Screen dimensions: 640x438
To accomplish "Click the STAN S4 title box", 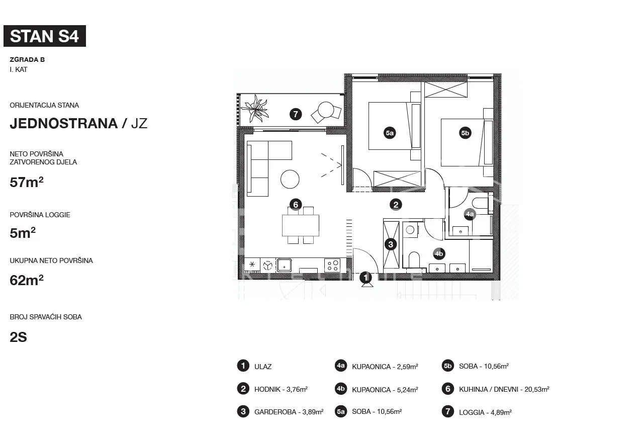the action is click(x=45, y=36).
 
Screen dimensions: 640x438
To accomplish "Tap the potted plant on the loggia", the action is click(x=255, y=109).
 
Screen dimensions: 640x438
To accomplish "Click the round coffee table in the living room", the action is click(x=290, y=179).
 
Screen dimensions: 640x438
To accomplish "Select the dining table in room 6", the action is click(x=301, y=225).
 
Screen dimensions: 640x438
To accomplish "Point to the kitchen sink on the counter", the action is click(x=284, y=265).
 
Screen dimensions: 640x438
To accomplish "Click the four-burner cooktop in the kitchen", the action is click(x=332, y=265).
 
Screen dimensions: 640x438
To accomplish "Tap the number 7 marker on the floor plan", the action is click(x=296, y=114).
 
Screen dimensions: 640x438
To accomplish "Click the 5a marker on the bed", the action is click(x=390, y=133).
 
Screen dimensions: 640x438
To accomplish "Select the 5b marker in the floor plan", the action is click(x=465, y=133).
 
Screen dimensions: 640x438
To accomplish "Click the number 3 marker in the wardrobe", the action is click(x=391, y=244).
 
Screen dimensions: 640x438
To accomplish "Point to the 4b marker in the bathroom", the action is click(x=439, y=254).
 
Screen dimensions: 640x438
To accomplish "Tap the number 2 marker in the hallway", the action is click(x=396, y=205).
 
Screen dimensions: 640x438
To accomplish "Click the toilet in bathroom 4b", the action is click(x=414, y=259).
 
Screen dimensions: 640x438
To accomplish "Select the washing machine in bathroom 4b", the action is click(x=411, y=230).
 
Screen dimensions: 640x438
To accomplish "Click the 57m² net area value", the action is click(x=27, y=182).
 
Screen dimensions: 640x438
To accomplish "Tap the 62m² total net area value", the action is click(x=27, y=280).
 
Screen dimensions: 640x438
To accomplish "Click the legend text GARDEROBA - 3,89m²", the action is click(x=289, y=412).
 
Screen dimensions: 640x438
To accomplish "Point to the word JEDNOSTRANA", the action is click(x=64, y=123).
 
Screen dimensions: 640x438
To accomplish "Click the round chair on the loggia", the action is click(x=326, y=110).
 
